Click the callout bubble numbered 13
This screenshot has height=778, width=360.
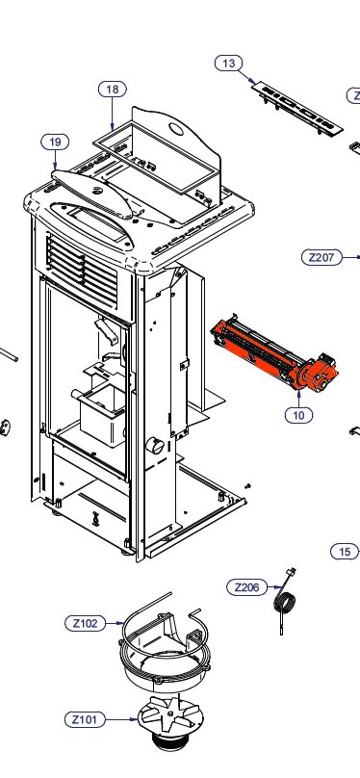[x=228, y=64]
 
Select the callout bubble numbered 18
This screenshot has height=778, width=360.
[x=113, y=90]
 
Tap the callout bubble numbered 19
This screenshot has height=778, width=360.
[x=55, y=142]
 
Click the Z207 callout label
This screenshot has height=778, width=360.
[x=321, y=257]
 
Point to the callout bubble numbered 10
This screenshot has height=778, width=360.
[x=299, y=415]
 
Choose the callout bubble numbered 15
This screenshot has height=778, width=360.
[x=345, y=552]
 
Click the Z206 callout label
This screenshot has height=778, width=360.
[x=247, y=587]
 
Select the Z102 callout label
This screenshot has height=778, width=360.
[x=86, y=623]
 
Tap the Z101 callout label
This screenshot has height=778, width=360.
[x=85, y=719]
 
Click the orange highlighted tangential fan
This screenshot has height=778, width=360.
[x=274, y=353]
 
